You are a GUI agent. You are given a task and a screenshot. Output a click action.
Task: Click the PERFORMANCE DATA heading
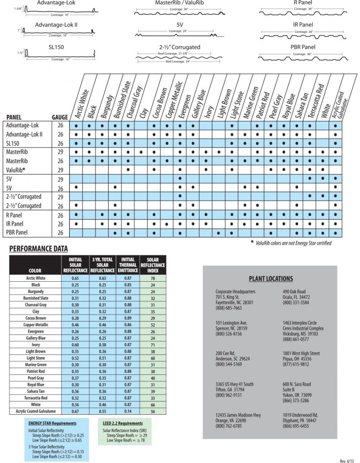point(39,248)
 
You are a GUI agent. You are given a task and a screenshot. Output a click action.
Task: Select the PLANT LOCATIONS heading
point(271,278)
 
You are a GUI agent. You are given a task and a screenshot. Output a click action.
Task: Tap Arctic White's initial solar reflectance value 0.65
point(75,278)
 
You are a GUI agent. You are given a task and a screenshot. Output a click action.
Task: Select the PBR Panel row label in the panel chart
point(16,232)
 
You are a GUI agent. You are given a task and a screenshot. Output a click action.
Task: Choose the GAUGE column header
point(60,117)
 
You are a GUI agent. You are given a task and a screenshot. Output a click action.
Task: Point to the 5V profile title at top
point(180,24)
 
